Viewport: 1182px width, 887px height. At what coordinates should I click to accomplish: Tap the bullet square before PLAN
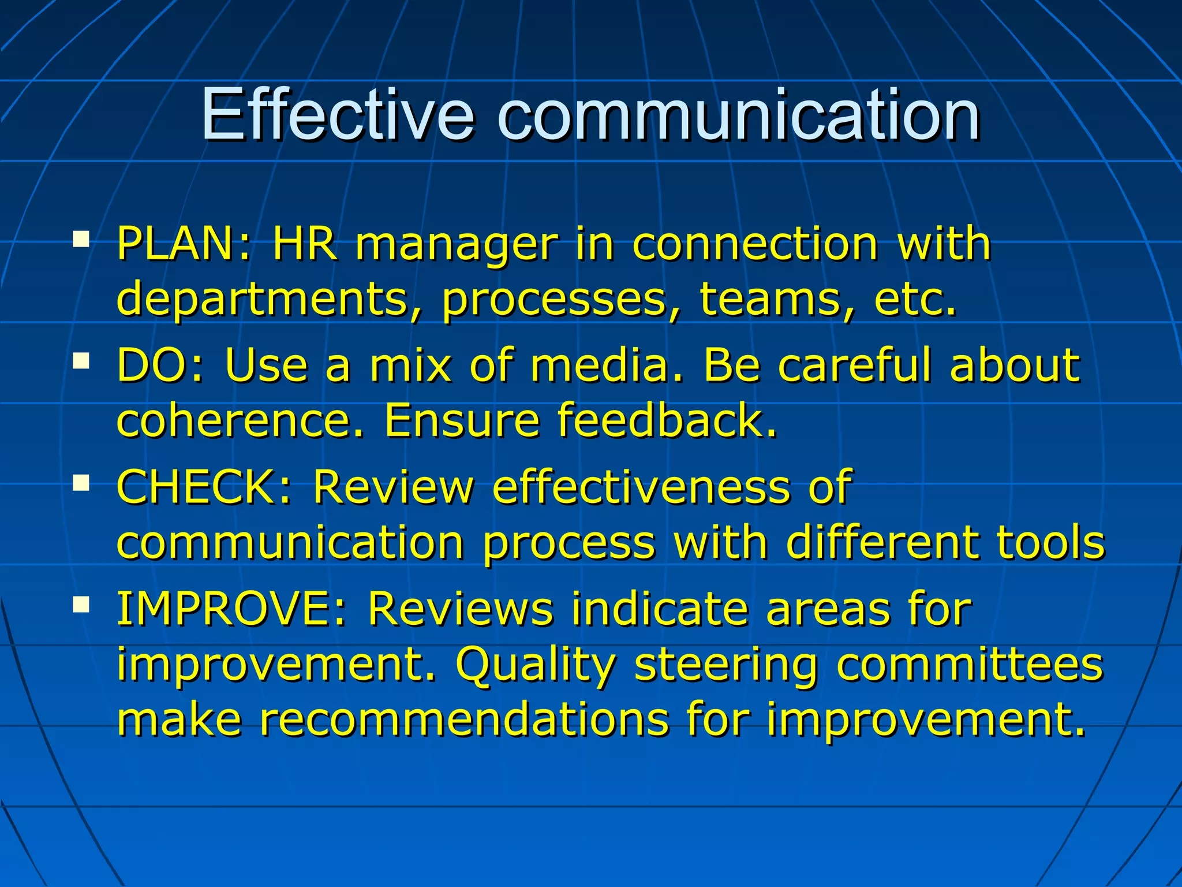coord(81,239)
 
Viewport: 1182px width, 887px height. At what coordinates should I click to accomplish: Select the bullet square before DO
coord(81,361)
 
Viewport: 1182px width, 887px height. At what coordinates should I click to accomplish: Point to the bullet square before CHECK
coord(81,483)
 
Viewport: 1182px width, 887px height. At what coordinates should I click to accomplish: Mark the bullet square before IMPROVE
coord(81,605)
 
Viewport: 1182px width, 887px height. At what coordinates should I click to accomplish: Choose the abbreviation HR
coord(304,244)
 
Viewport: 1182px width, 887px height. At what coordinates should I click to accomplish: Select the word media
coord(606,365)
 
